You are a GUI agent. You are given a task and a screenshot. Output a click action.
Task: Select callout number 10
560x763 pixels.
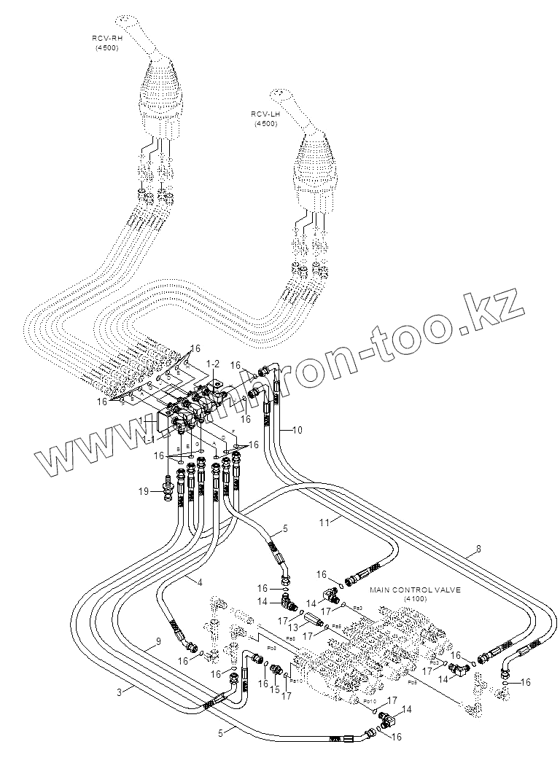click(x=297, y=430)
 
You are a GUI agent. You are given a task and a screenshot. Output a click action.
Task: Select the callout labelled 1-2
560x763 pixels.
click(x=213, y=363)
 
